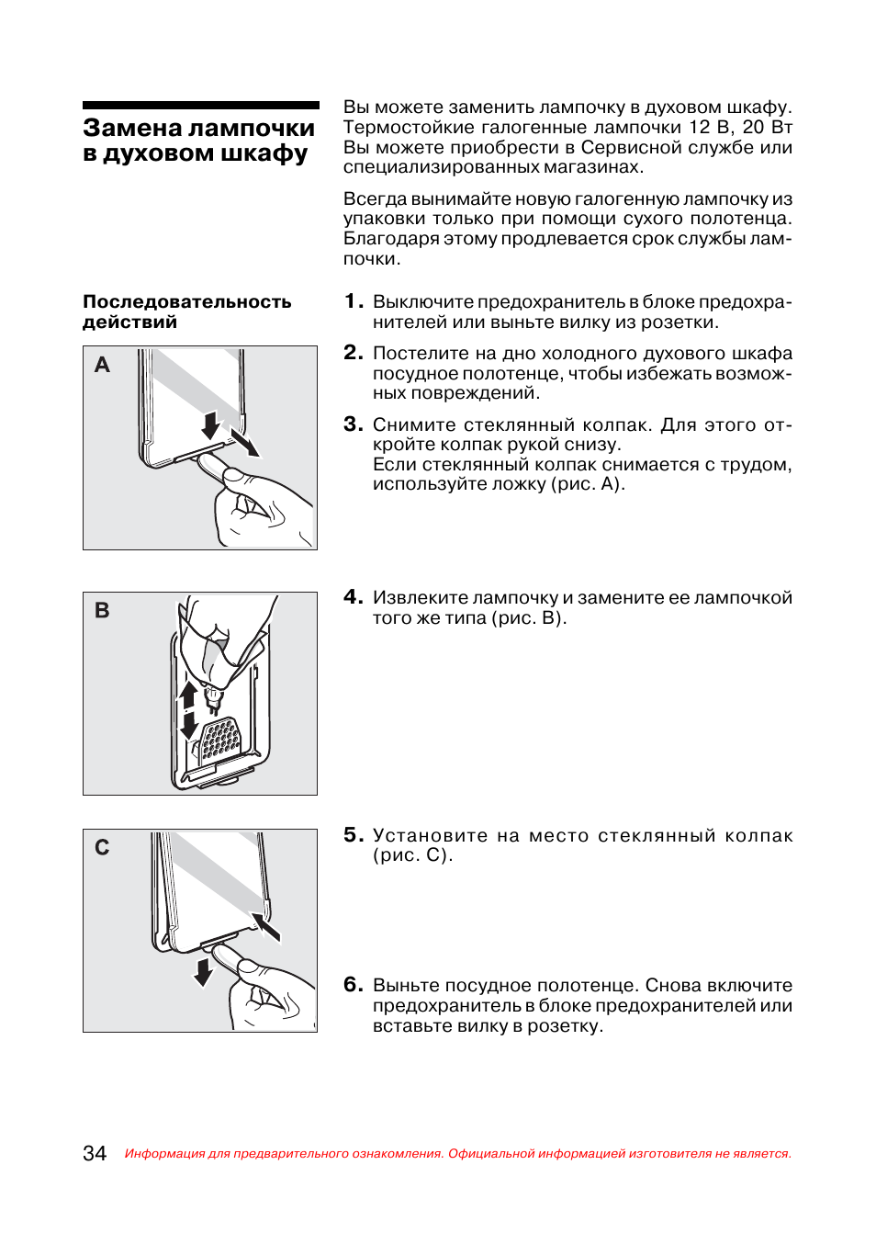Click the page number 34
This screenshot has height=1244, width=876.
(x=95, y=1153)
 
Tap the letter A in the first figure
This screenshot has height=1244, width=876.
(x=102, y=365)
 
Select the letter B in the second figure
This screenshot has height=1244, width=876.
(x=102, y=610)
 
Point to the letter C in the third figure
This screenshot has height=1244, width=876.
(x=102, y=847)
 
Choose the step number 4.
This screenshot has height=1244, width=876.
(x=354, y=597)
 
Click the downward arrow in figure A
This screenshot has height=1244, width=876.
(x=210, y=425)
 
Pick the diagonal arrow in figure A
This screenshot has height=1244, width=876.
(x=244, y=443)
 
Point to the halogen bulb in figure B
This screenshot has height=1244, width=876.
(x=214, y=701)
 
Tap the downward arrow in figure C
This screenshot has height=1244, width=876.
(x=203, y=971)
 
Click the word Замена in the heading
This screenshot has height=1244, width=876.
(x=132, y=128)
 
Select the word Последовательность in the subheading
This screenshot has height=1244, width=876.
(x=187, y=301)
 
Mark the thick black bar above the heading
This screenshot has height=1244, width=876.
(x=201, y=105)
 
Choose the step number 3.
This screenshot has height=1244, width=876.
(x=354, y=424)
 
